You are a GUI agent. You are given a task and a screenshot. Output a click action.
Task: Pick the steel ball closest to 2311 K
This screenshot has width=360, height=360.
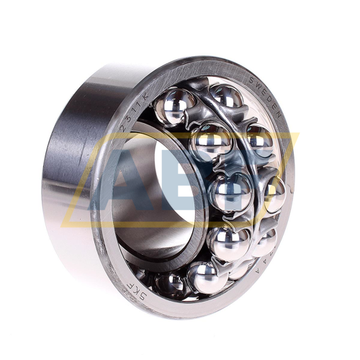click(x=175, y=105)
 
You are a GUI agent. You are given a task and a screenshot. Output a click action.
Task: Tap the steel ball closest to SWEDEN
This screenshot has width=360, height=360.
click(x=225, y=97)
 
